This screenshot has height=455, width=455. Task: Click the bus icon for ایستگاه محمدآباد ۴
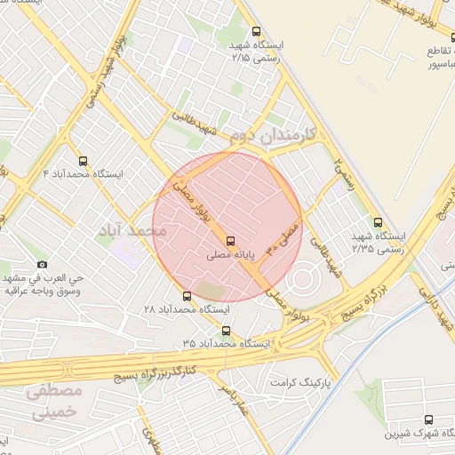pos(83,162)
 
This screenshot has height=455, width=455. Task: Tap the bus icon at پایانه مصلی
pos(230,240)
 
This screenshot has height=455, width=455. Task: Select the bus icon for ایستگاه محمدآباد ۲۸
pos(187,296)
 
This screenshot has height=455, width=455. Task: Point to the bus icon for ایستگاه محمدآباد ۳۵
pos(226,330)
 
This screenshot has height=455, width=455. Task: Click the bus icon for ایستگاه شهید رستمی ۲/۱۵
pos(257,31)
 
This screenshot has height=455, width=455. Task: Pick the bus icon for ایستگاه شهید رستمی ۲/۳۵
pos(379,223)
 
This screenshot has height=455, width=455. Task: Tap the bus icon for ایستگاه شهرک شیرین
pos(429,419)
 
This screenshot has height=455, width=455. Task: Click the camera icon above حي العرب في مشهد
pos(41,265)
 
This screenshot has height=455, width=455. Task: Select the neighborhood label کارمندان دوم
pos(278,137)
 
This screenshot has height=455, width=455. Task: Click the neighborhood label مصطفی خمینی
pos(53,402)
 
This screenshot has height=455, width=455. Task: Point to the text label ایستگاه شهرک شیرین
pos(416,435)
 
